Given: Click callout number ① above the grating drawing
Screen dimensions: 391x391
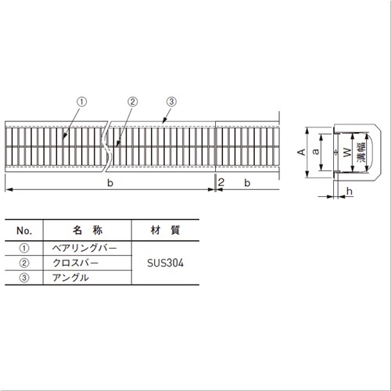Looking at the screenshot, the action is click(81, 102).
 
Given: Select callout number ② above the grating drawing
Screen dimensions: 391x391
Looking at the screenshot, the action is click(132, 102).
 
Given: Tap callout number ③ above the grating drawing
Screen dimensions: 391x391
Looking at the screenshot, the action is click(171, 102).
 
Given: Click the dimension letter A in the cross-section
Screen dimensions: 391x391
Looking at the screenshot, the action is click(302, 152).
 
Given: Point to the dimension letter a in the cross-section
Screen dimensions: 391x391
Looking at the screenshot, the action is click(316, 152).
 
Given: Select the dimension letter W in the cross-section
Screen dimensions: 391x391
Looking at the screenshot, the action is click(347, 152).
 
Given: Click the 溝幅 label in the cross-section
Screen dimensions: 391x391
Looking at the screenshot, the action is click(362, 152).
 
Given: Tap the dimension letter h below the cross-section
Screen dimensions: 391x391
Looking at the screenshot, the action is click(350, 192).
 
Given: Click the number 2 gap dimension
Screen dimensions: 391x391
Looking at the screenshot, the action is click(221, 182).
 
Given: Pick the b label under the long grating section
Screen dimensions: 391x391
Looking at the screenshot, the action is click(110, 183).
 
